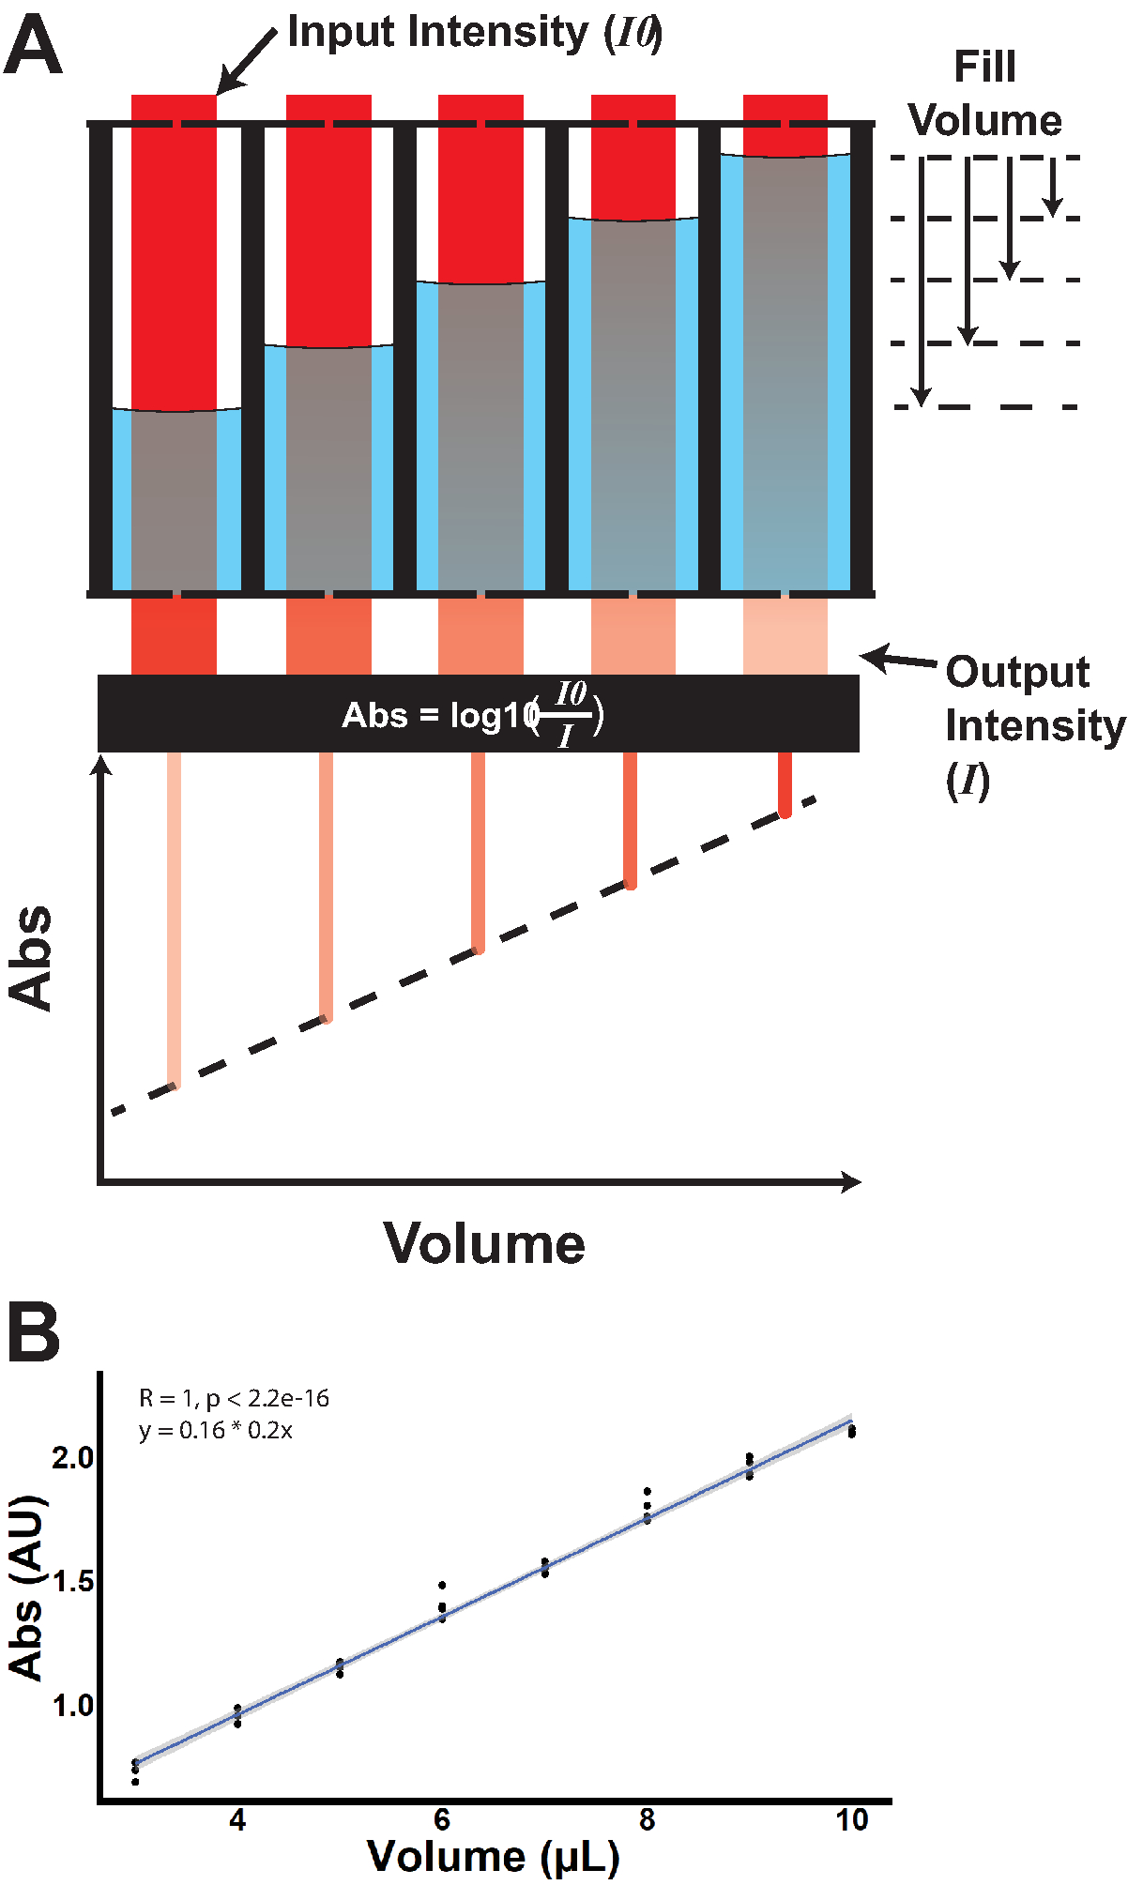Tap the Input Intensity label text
point(474,32)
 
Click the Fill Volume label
point(984,94)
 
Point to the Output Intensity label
point(1032,724)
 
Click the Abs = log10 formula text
point(473,715)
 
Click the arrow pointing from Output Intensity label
point(897,660)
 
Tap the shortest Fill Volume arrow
point(1053,187)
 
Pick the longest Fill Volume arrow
point(922,281)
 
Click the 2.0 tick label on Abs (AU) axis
point(72,1457)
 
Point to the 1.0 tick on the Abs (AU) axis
point(72,1705)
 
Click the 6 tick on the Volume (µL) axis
point(442,1819)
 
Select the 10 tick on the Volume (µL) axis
point(851,1819)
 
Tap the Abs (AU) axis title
point(26,1587)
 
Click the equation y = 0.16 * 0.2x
point(216,1430)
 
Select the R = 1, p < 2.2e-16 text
point(235,1398)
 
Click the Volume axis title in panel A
point(484,1244)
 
